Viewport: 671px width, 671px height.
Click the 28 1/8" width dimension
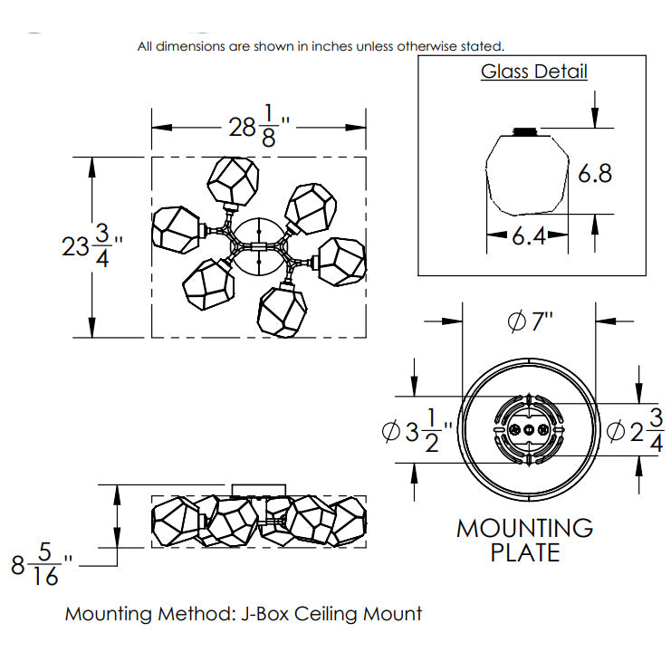259,126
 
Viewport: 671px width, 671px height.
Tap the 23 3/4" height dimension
92,246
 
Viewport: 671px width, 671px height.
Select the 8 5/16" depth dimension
42,564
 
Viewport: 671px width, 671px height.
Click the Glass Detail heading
533,72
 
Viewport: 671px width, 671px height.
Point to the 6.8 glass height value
595,173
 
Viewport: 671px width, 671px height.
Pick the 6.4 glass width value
529,235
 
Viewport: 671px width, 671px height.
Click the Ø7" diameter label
531,321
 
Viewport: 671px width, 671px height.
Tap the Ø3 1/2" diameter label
417,431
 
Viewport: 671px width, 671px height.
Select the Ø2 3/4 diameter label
636,430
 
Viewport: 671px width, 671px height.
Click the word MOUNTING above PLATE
525,528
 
